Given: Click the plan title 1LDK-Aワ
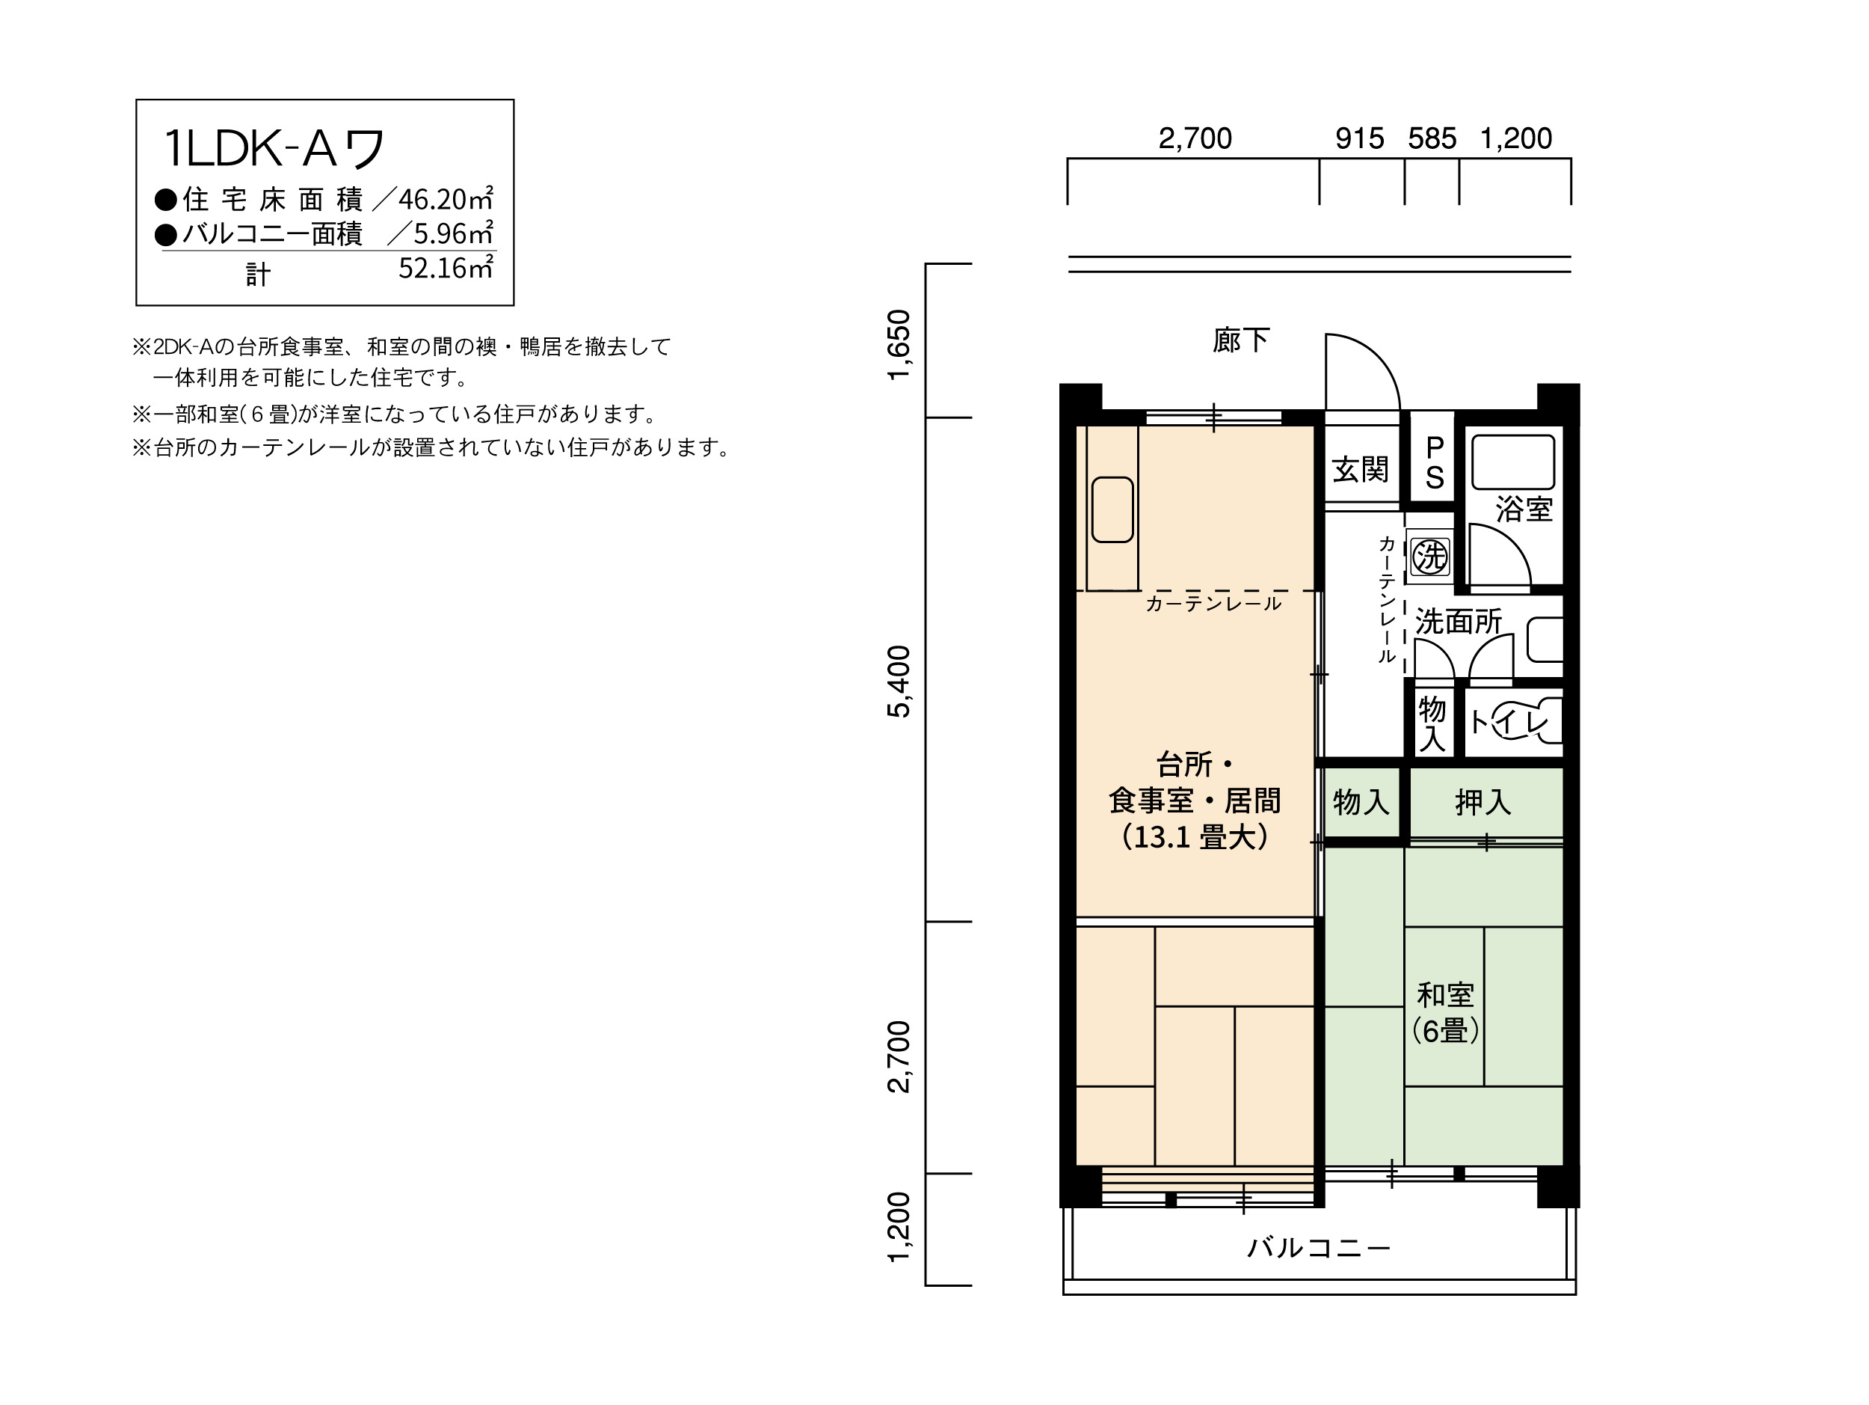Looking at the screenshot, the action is point(274,149).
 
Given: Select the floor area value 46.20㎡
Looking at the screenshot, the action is point(446,199).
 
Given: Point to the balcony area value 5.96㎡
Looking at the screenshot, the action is point(454,233).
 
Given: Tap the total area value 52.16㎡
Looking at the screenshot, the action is point(446,268).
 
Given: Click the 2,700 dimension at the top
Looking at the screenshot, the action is point(1195,138).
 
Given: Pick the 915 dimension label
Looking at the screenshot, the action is point(1359,138).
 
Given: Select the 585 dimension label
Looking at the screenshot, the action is point(1432,138).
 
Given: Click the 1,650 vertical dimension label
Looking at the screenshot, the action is point(900,345).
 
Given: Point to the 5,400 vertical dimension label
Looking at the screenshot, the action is point(900,682).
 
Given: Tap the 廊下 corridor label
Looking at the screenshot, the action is point(1241,340).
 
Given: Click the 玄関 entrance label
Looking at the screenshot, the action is point(1361,469).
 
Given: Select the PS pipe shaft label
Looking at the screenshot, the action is point(1435,462).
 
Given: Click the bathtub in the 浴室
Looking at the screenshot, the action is point(1512,462).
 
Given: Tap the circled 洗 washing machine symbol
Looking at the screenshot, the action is point(1430,557).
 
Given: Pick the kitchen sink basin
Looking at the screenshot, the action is point(1112,509).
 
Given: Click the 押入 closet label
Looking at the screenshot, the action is point(1482,802).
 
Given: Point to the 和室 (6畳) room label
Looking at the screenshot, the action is point(1446,1013).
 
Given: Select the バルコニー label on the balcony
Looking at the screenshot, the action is point(1319,1248).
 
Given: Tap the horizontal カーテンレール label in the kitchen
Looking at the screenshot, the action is point(1213,603).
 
